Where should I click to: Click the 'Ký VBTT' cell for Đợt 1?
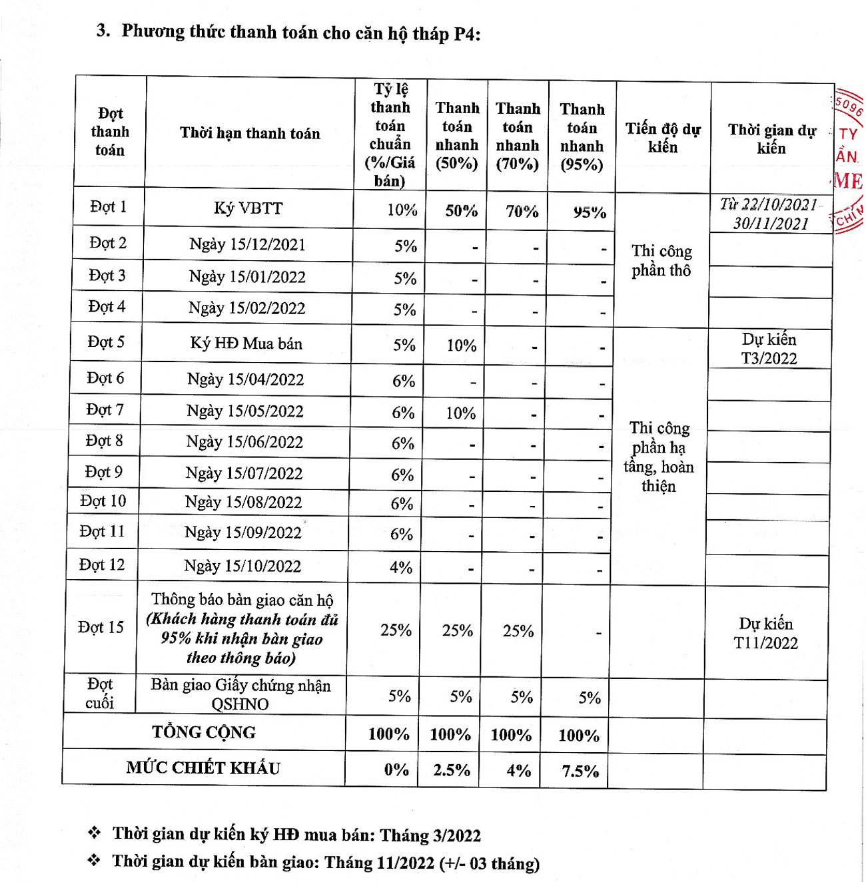(x=248, y=208)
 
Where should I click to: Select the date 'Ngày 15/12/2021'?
(x=247, y=244)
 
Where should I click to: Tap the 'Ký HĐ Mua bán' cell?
(x=246, y=343)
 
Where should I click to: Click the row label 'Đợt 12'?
(x=102, y=565)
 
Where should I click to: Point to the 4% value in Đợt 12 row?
(x=401, y=567)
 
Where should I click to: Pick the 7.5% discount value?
(x=580, y=772)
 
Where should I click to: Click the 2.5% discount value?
(x=452, y=770)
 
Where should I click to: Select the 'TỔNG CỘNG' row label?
(x=204, y=732)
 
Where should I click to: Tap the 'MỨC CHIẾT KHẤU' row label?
(x=203, y=768)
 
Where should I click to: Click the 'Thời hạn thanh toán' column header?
(x=250, y=133)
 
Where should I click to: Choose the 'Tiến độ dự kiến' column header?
(x=663, y=138)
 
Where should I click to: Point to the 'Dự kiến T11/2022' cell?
(x=765, y=633)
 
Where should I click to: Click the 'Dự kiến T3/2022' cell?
(x=769, y=349)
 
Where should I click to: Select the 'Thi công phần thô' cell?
(x=661, y=260)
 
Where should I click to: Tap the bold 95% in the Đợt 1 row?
(x=590, y=212)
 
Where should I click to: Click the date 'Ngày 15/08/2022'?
(x=244, y=503)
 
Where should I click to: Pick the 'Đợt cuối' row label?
(x=100, y=694)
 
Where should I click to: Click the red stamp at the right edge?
(x=849, y=160)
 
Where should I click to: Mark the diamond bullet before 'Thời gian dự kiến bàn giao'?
(x=95, y=861)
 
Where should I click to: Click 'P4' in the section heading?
(x=465, y=33)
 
